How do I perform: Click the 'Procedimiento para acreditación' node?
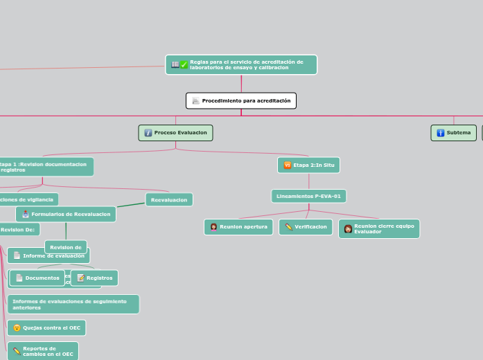(x=241, y=101)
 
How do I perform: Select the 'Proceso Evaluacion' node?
(x=175, y=133)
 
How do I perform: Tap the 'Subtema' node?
(x=454, y=133)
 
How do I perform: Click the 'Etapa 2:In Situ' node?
(x=308, y=165)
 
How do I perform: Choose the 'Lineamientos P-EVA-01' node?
(x=308, y=197)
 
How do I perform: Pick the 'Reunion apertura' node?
(x=238, y=227)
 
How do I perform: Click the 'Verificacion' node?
(x=306, y=227)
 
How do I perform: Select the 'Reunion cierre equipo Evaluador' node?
(x=379, y=228)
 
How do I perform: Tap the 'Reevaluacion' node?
(x=169, y=199)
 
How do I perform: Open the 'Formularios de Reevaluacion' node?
(x=66, y=215)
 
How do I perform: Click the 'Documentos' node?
(x=37, y=278)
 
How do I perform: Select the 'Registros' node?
(x=94, y=278)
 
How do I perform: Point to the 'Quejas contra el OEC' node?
(x=46, y=328)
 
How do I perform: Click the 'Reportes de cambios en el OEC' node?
(x=42, y=351)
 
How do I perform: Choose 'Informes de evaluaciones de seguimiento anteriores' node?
(x=73, y=304)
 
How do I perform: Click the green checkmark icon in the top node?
(x=184, y=65)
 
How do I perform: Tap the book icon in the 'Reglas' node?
(x=175, y=64)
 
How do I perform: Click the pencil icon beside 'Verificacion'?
(x=288, y=227)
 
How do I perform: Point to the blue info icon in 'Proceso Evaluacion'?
(x=148, y=133)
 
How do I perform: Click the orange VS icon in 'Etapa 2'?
(x=287, y=165)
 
